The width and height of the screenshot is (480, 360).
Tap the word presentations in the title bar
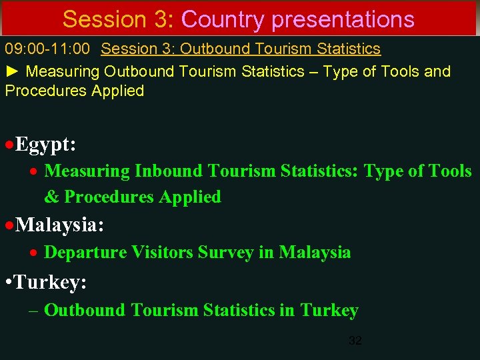(343, 20)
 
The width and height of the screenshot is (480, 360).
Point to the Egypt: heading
(45, 143)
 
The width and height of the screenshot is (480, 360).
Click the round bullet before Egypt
(9, 144)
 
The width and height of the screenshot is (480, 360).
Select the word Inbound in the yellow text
(169, 171)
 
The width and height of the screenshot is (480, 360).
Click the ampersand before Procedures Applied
(51, 197)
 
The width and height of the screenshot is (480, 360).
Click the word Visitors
(159, 253)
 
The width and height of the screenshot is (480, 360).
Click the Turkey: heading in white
(51, 282)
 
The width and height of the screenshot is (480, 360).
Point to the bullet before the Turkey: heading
(7, 283)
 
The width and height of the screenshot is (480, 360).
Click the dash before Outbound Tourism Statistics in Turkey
(34, 310)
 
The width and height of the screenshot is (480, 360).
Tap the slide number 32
(355, 341)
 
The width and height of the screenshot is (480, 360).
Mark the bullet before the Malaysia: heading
(9, 225)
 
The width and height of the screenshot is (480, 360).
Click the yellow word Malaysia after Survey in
(315, 253)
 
